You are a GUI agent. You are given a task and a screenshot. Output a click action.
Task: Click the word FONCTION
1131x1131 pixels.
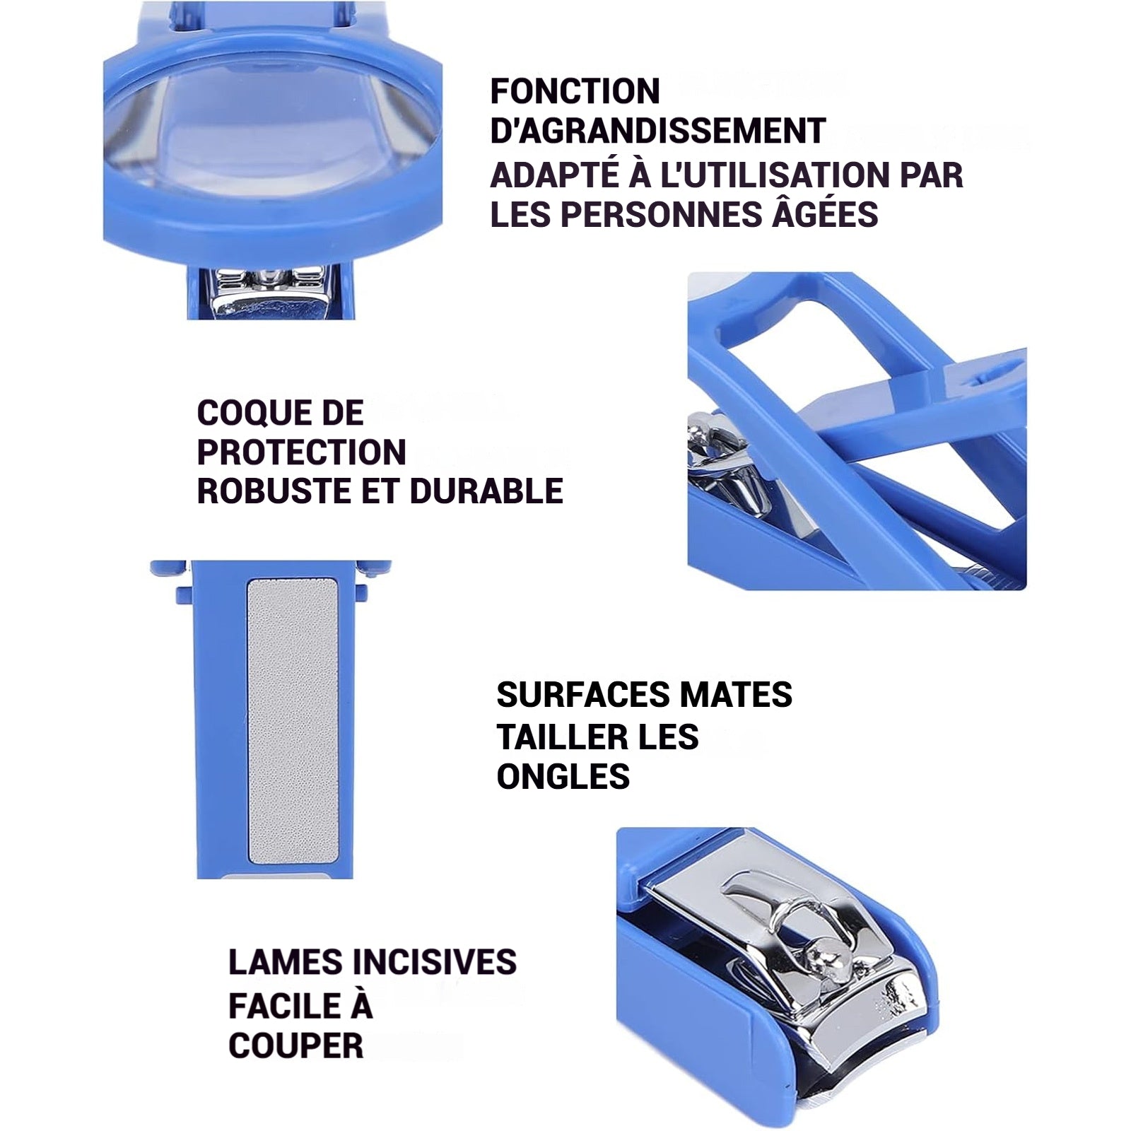(x=575, y=91)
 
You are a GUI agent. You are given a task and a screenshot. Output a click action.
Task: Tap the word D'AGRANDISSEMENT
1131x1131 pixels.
(x=658, y=131)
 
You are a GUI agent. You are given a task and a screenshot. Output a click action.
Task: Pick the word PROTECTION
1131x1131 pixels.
(x=302, y=452)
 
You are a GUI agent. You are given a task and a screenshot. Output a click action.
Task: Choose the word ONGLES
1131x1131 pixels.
(x=563, y=777)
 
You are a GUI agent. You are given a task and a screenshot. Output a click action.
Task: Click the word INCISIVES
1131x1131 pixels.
(x=434, y=962)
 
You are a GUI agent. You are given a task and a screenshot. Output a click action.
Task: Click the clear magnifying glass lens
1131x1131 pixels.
(x=271, y=127)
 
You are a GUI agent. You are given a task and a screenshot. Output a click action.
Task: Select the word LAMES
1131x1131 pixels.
(x=285, y=962)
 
